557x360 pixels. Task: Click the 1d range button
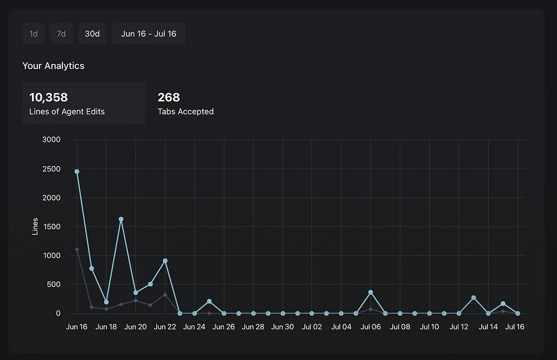click(x=33, y=34)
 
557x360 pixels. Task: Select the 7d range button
click(x=61, y=34)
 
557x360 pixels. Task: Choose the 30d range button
click(x=92, y=34)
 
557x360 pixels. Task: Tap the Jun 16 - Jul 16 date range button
click(x=149, y=34)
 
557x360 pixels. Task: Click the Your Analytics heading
click(x=53, y=66)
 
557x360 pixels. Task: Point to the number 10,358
click(x=48, y=98)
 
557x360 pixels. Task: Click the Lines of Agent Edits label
click(x=67, y=111)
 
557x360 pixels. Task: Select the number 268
click(x=169, y=98)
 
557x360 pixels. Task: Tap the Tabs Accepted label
click(x=185, y=111)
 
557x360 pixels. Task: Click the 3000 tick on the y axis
click(x=51, y=140)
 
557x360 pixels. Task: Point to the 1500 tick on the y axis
click(x=51, y=227)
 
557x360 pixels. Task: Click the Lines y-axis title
click(x=35, y=226)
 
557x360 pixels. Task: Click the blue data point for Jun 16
click(x=77, y=172)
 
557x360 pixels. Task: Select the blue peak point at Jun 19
click(x=121, y=219)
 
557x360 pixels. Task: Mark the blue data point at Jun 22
click(x=165, y=261)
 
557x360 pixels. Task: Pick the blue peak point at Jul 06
click(x=370, y=292)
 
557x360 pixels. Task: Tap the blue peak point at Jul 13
click(x=473, y=298)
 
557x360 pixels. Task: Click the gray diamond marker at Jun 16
click(x=77, y=250)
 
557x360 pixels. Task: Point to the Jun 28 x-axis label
click(x=253, y=327)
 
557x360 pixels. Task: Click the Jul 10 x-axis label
click(x=429, y=327)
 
